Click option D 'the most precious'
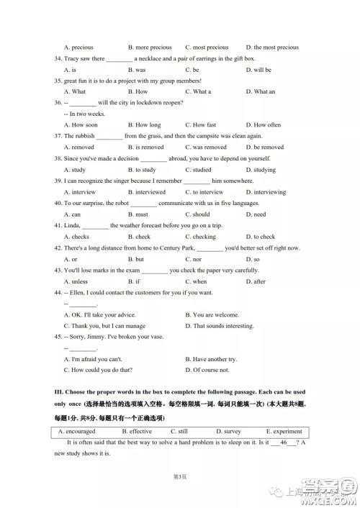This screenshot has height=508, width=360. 271,47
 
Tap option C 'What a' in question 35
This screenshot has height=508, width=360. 198,92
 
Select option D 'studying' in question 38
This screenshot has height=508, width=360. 260,170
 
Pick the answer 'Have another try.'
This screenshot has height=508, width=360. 211,358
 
